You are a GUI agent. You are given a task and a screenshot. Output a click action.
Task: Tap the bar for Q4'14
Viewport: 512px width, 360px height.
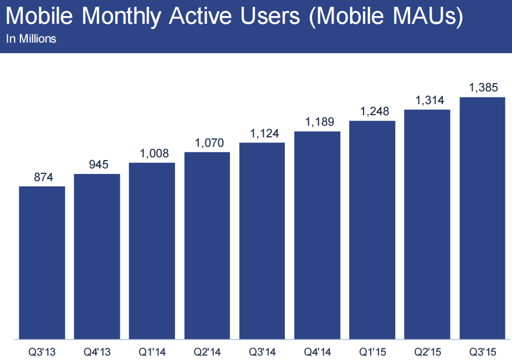pos(318,235)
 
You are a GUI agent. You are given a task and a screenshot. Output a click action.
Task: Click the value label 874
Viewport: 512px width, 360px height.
pos(42,177)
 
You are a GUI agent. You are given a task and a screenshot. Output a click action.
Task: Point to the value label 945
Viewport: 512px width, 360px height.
pos(97,165)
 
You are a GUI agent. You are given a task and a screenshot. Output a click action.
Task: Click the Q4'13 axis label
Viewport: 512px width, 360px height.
pos(97,351)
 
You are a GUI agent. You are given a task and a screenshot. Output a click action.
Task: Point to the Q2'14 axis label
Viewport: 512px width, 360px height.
pos(207,351)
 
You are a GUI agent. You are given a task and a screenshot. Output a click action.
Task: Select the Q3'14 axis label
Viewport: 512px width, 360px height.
pos(262,351)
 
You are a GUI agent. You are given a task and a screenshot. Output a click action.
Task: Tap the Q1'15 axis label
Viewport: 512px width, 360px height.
pos(372,351)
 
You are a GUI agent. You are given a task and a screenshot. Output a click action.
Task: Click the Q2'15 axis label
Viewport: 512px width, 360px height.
pos(427,351)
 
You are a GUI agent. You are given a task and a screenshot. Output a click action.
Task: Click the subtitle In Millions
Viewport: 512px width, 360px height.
pos(31,39)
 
